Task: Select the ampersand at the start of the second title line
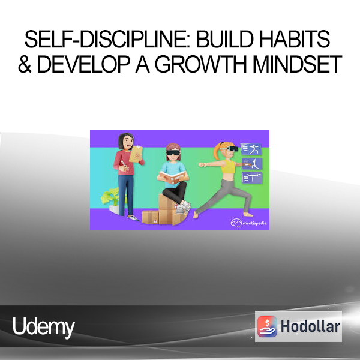(x=25, y=64)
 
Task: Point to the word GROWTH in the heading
(x=200, y=64)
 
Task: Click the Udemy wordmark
(x=44, y=327)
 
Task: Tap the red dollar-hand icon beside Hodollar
(x=267, y=326)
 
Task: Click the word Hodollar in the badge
(x=310, y=326)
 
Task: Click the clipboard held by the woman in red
(x=136, y=154)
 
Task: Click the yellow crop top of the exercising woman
(x=228, y=166)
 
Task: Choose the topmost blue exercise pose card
(x=251, y=149)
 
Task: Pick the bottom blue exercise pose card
(x=252, y=178)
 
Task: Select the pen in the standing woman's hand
(x=125, y=166)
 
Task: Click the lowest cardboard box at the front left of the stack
(x=150, y=217)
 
